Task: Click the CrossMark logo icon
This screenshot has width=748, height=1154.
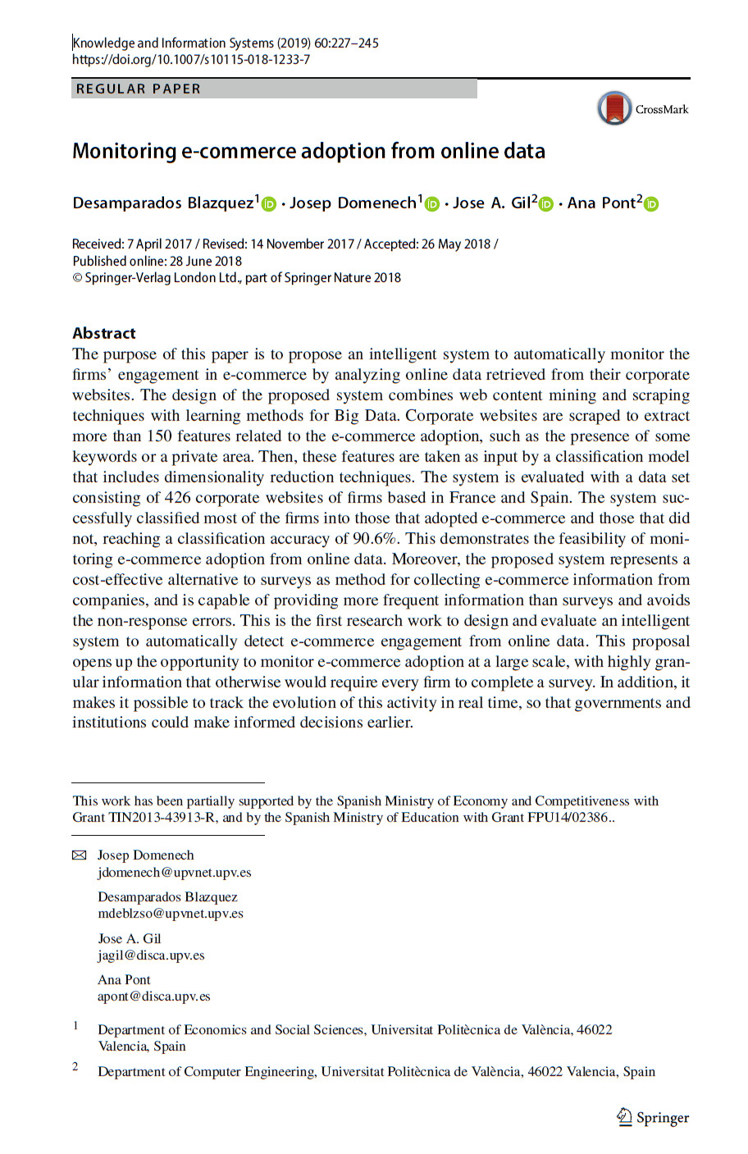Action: (x=614, y=108)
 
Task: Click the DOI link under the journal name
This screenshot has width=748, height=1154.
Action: (x=191, y=60)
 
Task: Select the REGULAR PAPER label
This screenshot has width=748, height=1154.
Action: (x=138, y=89)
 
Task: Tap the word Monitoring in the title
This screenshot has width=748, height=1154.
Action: (x=125, y=152)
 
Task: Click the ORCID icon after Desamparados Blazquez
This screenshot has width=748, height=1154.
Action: (x=269, y=204)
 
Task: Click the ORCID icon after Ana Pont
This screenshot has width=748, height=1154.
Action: (x=651, y=204)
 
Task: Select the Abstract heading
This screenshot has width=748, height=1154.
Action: (x=104, y=333)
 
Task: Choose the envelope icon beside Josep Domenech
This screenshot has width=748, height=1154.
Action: (x=80, y=855)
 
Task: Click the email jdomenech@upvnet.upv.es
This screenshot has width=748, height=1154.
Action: (x=175, y=873)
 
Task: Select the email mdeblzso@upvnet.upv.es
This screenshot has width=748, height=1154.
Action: (x=171, y=914)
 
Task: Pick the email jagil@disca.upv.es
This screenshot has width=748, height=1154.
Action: (x=151, y=956)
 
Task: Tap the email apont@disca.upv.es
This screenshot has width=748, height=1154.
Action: (x=154, y=997)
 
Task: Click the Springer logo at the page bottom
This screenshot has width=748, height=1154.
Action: (x=653, y=1118)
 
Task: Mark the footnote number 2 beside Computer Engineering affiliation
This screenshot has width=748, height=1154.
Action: (x=75, y=1066)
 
